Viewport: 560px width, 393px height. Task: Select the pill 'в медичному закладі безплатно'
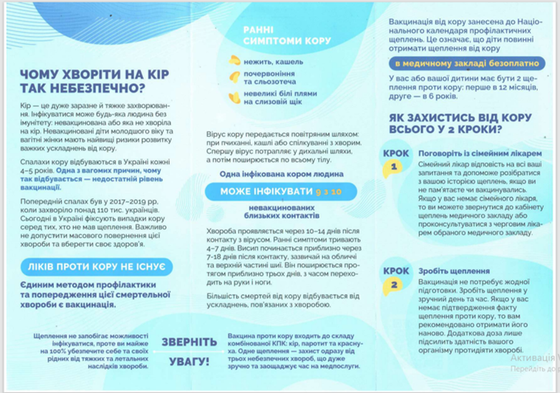(x=466, y=63)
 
